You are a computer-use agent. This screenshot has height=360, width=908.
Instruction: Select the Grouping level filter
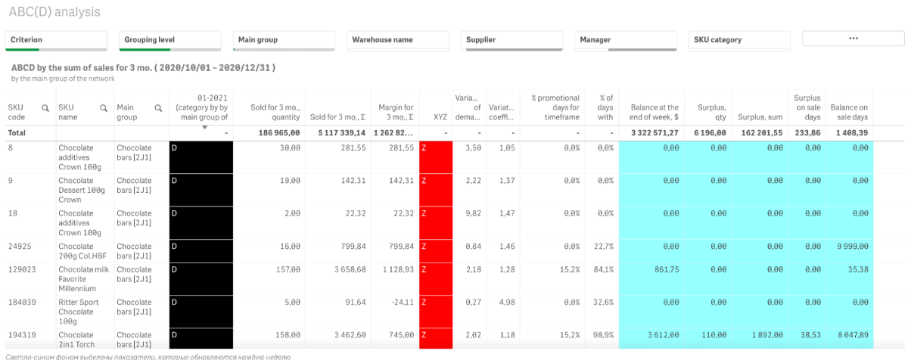[169, 40]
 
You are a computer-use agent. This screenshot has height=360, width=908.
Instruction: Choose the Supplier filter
[513, 40]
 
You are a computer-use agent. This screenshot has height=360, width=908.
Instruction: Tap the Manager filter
[627, 40]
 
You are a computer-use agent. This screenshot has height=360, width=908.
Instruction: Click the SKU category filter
[740, 40]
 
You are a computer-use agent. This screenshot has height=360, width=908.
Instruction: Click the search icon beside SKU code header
[45, 108]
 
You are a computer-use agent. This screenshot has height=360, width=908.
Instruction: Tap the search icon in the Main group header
[158, 108]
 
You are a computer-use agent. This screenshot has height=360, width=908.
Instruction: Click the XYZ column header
[440, 117]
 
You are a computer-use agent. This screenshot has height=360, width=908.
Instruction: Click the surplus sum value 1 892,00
[763, 334]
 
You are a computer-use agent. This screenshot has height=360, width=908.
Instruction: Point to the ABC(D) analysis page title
[54, 12]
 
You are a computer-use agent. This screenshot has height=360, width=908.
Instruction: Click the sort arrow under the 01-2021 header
[204, 127]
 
